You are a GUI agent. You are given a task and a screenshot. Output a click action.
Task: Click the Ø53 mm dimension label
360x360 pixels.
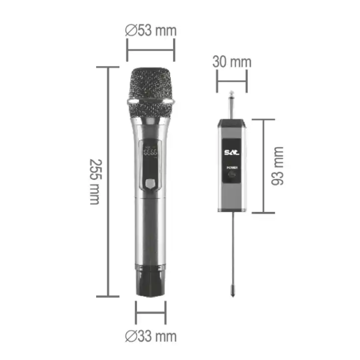tap(151, 30)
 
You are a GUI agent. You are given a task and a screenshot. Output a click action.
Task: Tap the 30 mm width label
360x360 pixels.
tap(231, 62)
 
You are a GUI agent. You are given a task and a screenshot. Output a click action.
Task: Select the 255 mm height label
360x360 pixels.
tap(94, 182)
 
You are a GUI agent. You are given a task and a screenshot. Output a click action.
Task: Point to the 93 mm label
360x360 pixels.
tap(278, 166)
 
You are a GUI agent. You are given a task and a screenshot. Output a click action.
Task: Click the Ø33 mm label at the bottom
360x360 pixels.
tap(151, 336)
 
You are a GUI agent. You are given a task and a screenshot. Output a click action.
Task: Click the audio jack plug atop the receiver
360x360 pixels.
tap(231, 105)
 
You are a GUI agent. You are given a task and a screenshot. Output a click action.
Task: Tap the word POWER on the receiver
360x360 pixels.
tap(231, 167)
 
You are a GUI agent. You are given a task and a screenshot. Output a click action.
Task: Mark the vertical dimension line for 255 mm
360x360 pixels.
tap(109, 182)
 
